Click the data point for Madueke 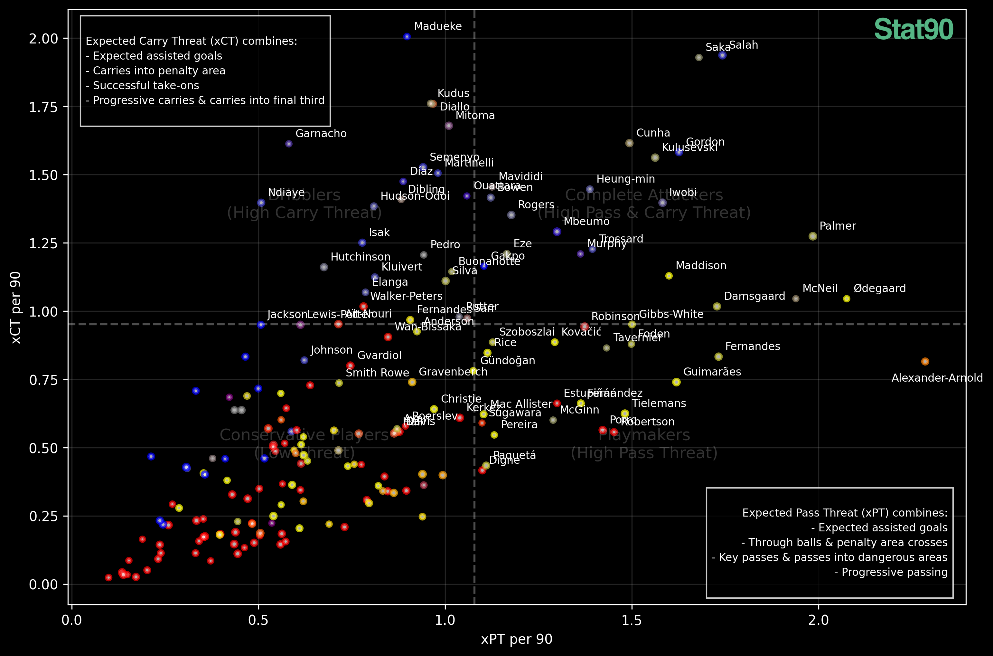tap(407, 37)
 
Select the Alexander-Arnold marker tap(925, 361)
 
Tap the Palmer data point tap(813, 236)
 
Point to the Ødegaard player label tap(879, 288)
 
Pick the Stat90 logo tap(913, 30)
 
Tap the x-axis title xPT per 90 tap(516, 639)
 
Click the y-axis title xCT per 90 tap(16, 308)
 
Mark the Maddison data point tap(669, 276)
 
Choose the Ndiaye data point tap(261, 203)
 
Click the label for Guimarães tap(712, 372)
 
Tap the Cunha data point tap(629, 143)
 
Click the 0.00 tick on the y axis tap(43, 585)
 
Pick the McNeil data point tap(796, 299)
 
